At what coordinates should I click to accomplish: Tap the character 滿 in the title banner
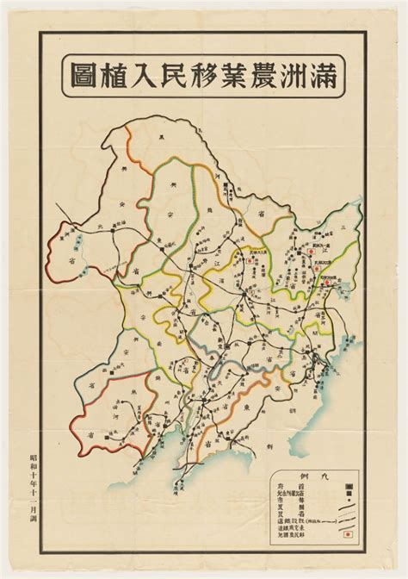click(326, 75)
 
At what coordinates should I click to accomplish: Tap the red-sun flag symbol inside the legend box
click(349, 535)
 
